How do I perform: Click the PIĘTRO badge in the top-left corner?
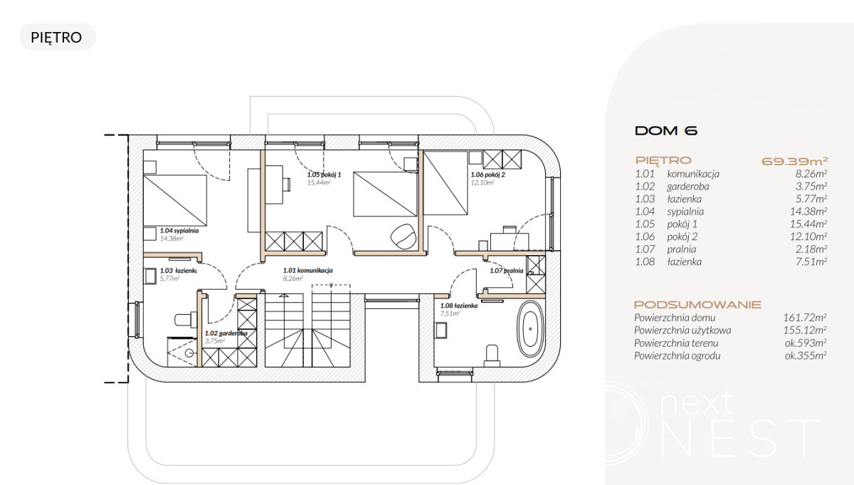pyautogui.click(x=58, y=37)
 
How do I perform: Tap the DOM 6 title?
pyautogui.click(x=666, y=131)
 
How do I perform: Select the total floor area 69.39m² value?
pyautogui.click(x=794, y=161)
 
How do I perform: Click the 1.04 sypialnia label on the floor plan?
pyautogui.click(x=179, y=231)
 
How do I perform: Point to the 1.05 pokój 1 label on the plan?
pyautogui.click(x=324, y=174)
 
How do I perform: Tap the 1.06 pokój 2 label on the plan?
pyautogui.click(x=487, y=174)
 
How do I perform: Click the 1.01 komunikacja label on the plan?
pyautogui.click(x=307, y=270)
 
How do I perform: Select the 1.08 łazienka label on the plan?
pyautogui.click(x=458, y=306)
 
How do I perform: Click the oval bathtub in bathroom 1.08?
pyautogui.click(x=530, y=329)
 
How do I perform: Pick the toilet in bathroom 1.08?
pyautogui.click(x=492, y=355)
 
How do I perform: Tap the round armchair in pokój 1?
pyautogui.click(x=403, y=236)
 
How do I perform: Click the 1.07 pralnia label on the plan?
pyautogui.click(x=506, y=271)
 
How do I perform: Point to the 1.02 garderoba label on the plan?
pyautogui.click(x=226, y=333)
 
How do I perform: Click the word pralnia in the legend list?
pyautogui.click(x=681, y=249)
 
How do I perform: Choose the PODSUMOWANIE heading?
pyautogui.click(x=697, y=305)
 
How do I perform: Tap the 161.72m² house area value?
pyautogui.click(x=805, y=318)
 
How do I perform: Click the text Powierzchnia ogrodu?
pyautogui.click(x=677, y=355)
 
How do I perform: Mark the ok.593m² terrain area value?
pyautogui.click(x=806, y=343)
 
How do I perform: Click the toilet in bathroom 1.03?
pyautogui.click(x=186, y=319)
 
